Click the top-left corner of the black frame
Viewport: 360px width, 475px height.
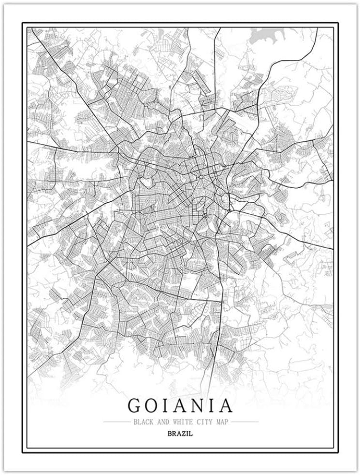(22, 22)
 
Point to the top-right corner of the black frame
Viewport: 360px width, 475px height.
(338, 22)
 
